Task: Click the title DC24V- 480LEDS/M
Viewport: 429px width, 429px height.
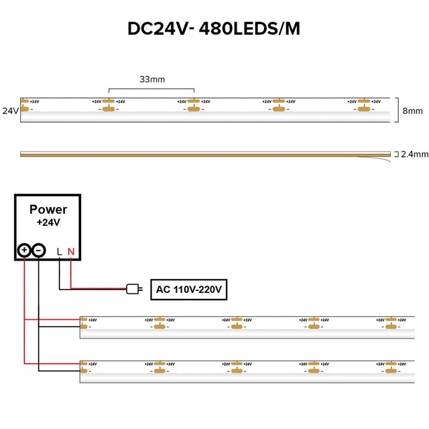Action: point(214,29)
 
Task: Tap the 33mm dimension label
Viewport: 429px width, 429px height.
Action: point(151,79)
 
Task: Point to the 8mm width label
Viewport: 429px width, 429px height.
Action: point(411,110)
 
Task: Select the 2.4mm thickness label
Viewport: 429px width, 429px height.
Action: point(414,154)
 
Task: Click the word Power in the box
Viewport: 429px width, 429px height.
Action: point(48,209)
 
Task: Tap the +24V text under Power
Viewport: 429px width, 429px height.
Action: point(48,222)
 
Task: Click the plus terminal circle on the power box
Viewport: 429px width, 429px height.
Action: point(24,250)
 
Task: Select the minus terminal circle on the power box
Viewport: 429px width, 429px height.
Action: point(39,250)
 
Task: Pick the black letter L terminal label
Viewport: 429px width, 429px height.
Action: point(60,251)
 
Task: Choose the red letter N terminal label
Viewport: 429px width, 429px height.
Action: point(71,251)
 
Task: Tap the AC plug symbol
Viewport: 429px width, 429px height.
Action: point(133,290)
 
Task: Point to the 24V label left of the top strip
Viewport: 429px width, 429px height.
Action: point(10,110)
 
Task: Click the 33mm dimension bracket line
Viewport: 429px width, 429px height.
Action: point(151,88)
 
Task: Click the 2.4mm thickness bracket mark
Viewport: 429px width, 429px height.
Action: point(395,154)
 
